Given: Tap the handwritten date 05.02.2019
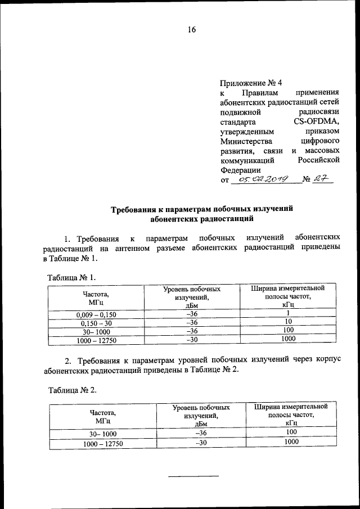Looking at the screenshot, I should pyautogui.click(x=263, y=179).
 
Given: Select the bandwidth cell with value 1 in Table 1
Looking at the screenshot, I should pyautogui.click(x=287, y=313).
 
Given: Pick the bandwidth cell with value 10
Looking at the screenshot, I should pyautogui.click(x=289, y=322).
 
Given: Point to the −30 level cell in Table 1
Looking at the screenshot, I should pyautogui.click(x=192, y=339).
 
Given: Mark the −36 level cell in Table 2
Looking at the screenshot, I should pyautogui.click(x=201, y=433).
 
